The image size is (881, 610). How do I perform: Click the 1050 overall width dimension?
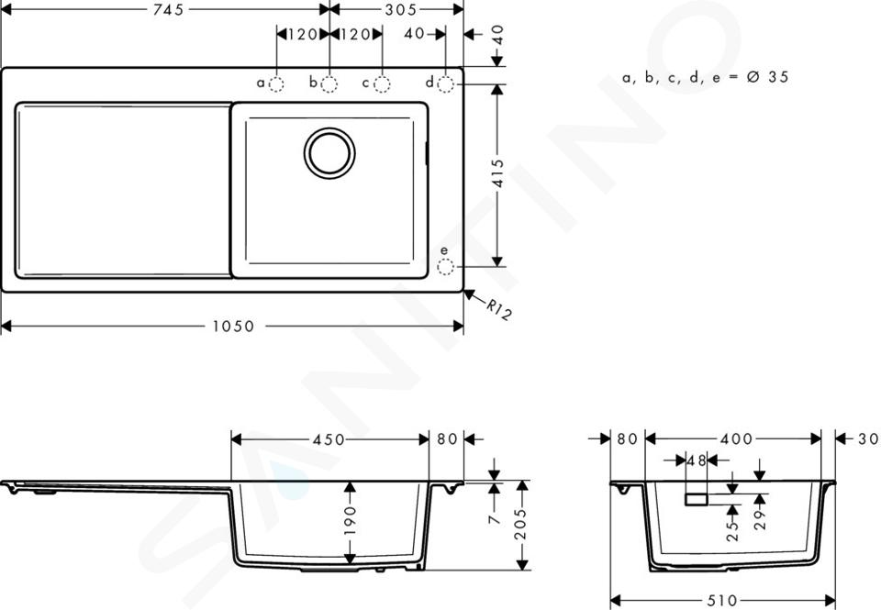tap(233, 327)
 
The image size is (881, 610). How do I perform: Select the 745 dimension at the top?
tap(169, 9)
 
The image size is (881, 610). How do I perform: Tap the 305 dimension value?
tap(401, 9)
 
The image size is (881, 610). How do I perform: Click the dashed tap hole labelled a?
tap(276, 84)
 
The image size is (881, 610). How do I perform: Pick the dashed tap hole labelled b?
tap(329, 84)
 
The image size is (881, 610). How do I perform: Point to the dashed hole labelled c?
tap(382, 84)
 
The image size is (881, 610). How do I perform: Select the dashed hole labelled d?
tap(446, 84)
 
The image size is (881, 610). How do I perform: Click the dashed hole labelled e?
tap(446, 267)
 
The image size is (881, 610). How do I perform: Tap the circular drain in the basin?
tap(329, 153)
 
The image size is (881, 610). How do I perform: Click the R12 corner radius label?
tap(499, 309)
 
